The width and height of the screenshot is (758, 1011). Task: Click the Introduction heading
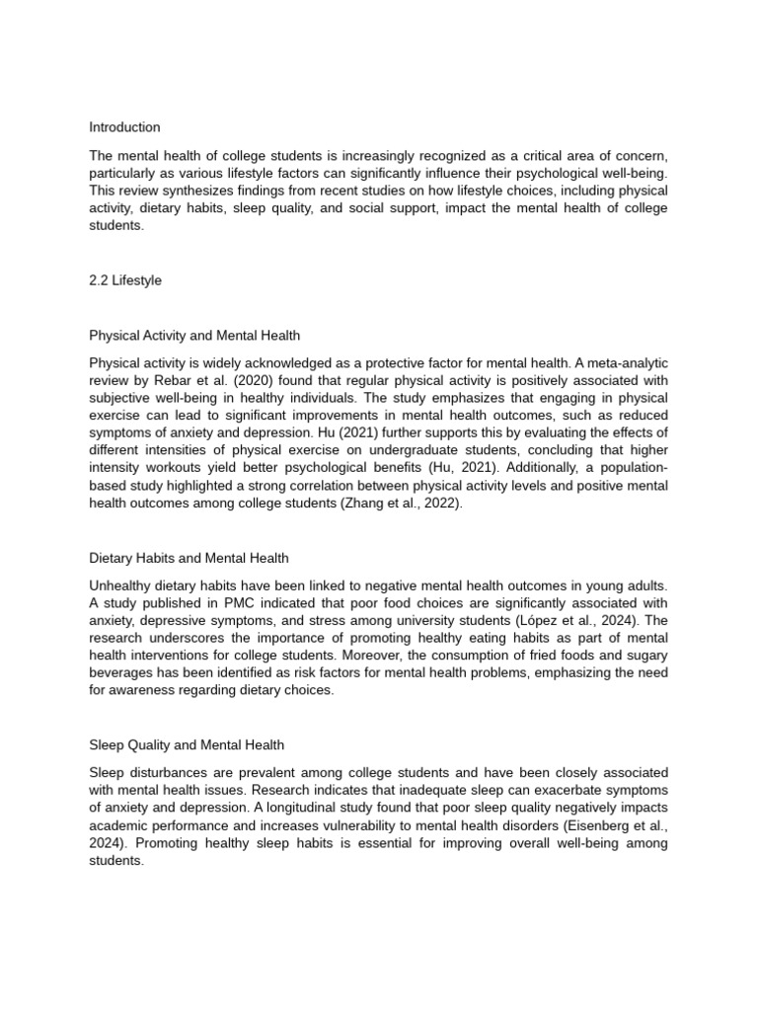[x=124, y=127]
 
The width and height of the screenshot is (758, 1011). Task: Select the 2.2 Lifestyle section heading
[x=125, y=280]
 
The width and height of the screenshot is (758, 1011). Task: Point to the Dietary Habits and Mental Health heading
[x=189, y=559]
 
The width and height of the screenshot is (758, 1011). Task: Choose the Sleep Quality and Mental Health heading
[x=187, y=744]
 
